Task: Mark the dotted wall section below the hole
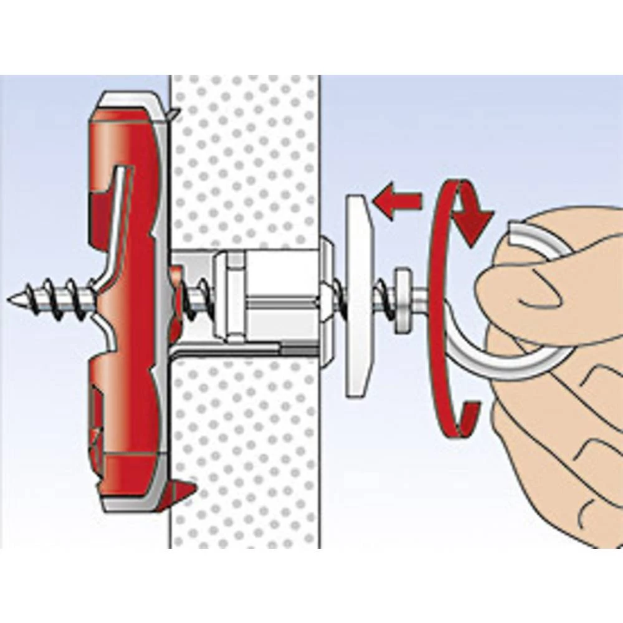[243, 449]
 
